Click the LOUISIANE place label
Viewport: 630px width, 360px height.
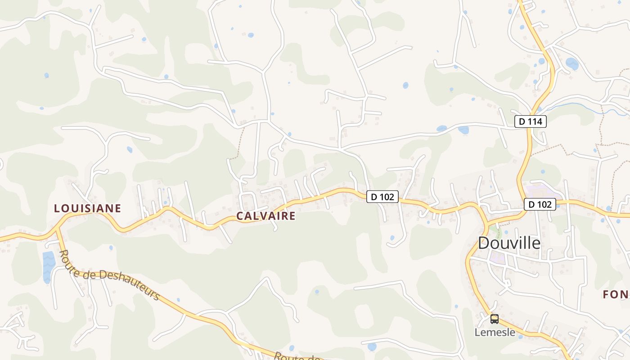coord(87,208)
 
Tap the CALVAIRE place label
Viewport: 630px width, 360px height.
coord(266,216)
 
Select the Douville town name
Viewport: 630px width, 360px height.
coord(509,243)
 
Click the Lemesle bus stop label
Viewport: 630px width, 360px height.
coord(495,333)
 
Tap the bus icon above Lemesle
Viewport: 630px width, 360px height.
coord(495,319)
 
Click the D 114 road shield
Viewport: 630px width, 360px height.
coord(531,121)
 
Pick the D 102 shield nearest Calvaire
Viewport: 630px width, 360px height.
coord(382,197)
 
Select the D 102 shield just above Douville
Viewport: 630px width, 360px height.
coord(540,204)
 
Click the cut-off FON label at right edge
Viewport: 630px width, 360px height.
coord(616,295)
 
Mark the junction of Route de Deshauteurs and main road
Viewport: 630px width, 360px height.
coord(57,228)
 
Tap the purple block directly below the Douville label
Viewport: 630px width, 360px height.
coord(498,258)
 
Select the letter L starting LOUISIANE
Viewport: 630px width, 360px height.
coord(57,208)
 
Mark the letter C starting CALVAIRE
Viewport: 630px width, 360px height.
coord(240,216)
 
